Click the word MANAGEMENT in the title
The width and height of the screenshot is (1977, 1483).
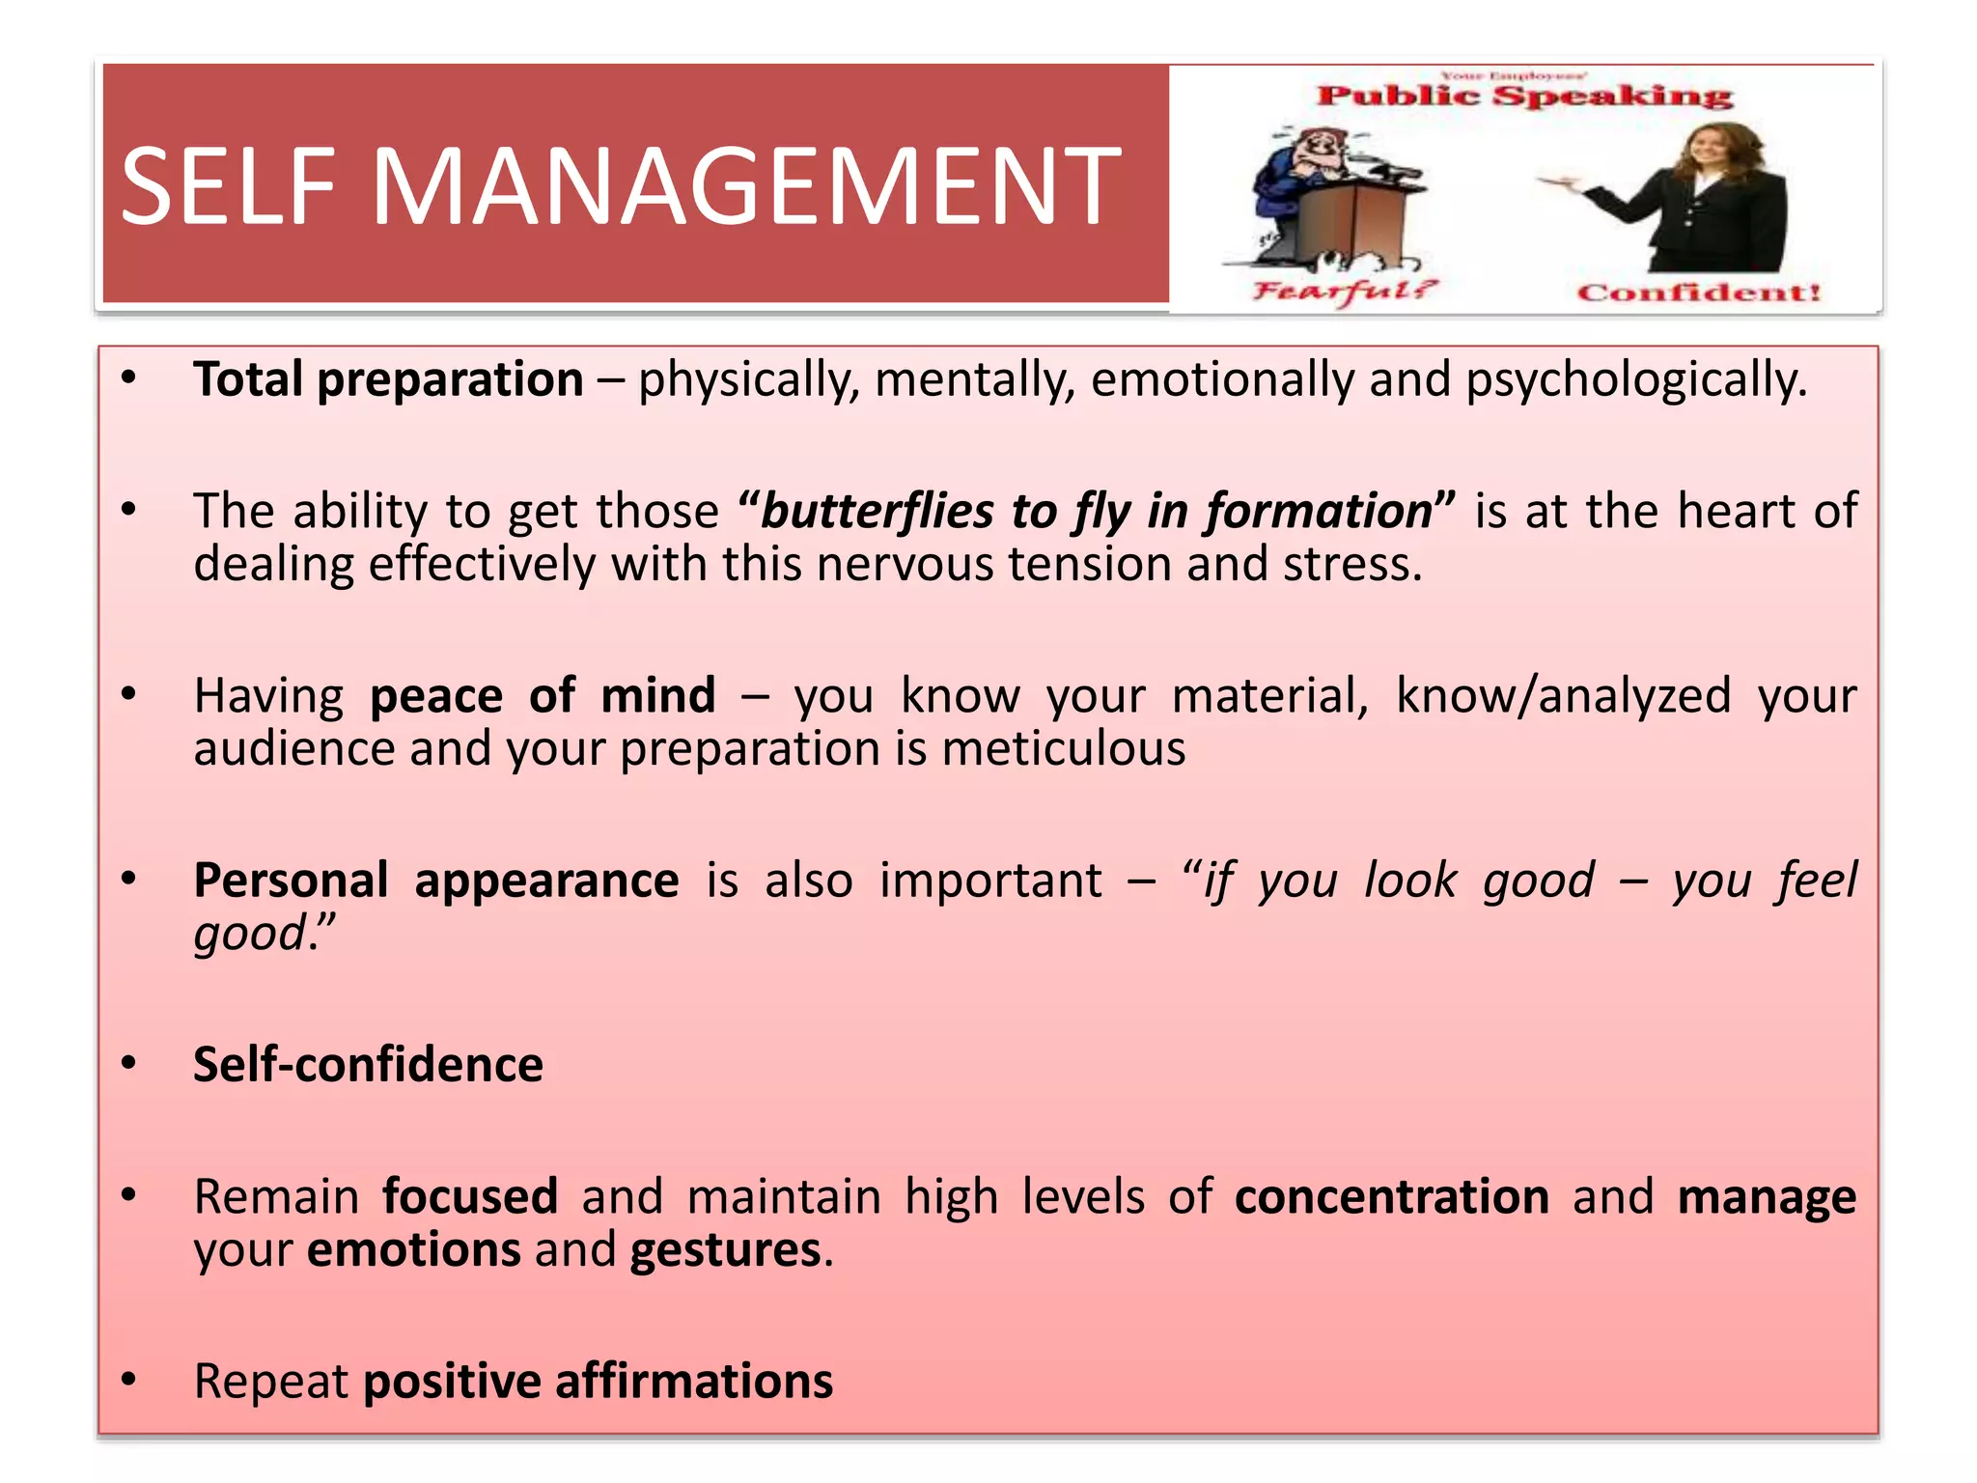pyautogui.click(x=745, y=185)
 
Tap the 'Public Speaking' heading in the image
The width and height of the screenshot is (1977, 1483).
pyautogui.click(x=1524, y=96)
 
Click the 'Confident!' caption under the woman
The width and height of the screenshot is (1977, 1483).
pyautogui.click(x=1698, y=293)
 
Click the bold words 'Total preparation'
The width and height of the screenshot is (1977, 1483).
pyautogui.click(x=388, y=379)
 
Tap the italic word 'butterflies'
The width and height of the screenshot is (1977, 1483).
pyautogui.click(x=877, y=511)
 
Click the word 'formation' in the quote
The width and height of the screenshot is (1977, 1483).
pyautogui.click(x=1319, y=511)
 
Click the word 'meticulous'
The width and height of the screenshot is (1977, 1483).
pyautogui.click(x=1063, y=749)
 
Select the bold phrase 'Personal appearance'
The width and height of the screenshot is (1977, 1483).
pyautogui.click(x=435, y=881)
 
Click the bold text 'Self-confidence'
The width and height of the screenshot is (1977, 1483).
pyautogui.click(x=368, y=1065)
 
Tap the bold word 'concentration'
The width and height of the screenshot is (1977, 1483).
pyautogui.click(x=1391, y=1197)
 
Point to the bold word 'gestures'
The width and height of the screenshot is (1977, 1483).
pyautogui.click(x=725, y=1250)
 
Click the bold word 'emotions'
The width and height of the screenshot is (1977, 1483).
pyautogui.click(x=413, y=1250)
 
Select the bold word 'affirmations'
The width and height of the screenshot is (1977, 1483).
pyautogui.click(x=693, y=1382)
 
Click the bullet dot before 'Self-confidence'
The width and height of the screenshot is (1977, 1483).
pyautogui.click(x=128, y=1065)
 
